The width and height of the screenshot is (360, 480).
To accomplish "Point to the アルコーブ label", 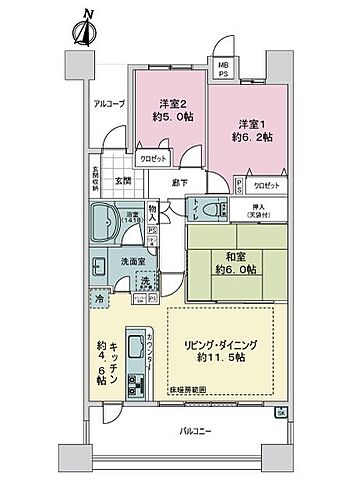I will point(109,104).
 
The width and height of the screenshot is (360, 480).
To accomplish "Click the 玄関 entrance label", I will point(122,181).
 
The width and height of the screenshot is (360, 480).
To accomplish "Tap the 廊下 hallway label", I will point(180,182).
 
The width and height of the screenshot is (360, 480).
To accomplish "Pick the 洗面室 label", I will point(126,262).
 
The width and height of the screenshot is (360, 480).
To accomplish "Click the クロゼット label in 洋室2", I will point(151,159).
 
